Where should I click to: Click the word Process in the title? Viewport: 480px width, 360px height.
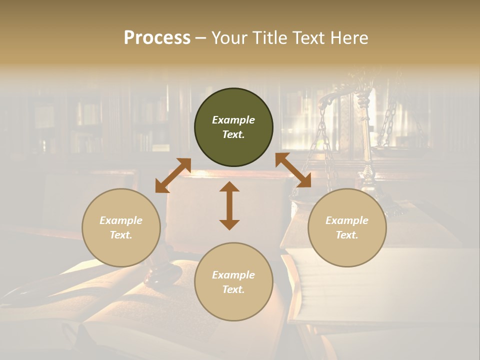click(157, 37)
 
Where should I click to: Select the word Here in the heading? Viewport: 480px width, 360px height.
click(349, 37)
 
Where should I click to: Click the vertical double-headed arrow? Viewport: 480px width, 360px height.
click(229, 205)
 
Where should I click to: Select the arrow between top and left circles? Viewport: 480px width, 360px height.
click(173, 175)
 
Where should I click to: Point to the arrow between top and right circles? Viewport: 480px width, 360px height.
click(293, 170)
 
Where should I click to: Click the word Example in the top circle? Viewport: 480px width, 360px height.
click(233, 120)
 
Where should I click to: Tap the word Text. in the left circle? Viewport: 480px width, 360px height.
click(121, 235)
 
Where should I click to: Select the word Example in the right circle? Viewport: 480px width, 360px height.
click(347, 220)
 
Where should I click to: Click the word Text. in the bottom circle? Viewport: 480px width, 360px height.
click(233, 289)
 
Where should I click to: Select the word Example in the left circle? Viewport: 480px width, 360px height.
click(121, 220)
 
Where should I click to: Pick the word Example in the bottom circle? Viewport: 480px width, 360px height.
click(233, 275)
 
